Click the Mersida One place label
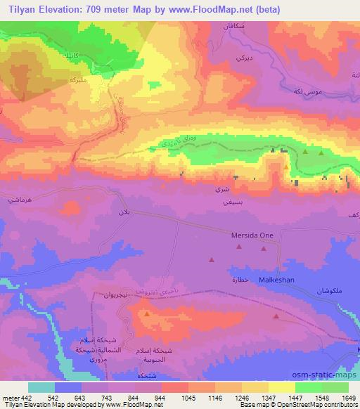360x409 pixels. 250,236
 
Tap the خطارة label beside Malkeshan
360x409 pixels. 240,280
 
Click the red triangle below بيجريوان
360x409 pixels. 146,314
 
